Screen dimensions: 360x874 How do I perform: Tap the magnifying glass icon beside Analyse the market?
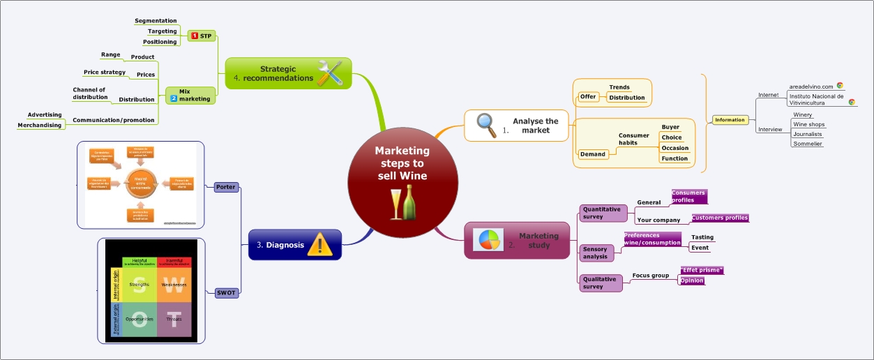coord(486,125)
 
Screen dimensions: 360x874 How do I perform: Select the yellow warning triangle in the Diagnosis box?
coord(320,245)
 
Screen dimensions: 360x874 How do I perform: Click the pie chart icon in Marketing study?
coord(488,239)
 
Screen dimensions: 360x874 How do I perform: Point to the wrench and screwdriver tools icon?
coord(329,73)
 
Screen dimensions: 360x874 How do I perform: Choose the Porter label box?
coord(225,187)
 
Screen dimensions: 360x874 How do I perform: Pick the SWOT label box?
coord(226,293)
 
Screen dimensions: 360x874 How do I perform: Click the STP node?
coord(202,36)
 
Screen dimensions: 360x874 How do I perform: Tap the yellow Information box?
coord(730,120)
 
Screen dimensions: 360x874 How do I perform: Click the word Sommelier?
coord(808,144)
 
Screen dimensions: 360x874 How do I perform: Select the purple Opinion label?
coord(692,280)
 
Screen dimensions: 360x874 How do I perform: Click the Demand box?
coord(592,154)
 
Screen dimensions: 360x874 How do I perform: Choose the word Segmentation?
coord(156,21)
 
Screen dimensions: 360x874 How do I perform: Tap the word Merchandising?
coord(40,126)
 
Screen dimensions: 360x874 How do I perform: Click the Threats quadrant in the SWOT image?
coord(174,319)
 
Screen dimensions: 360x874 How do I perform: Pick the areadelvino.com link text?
coord(811,87)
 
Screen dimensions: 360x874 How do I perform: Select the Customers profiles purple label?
coord(719,218)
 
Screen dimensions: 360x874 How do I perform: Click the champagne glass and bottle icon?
coord(402,203)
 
